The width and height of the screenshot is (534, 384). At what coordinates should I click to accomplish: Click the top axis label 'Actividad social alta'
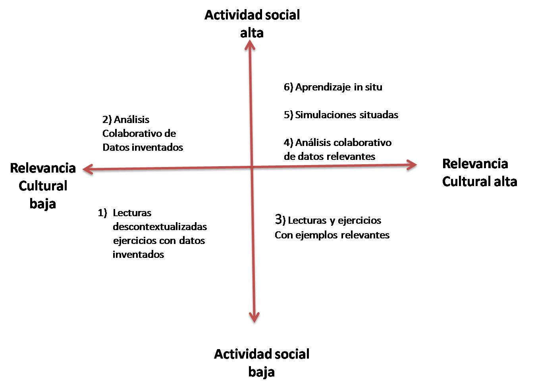(x=252, y=24)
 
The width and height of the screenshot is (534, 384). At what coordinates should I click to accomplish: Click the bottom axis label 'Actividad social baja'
(x=262, y=363)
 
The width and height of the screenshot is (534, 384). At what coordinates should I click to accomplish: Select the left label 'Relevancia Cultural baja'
(x=43, y=186)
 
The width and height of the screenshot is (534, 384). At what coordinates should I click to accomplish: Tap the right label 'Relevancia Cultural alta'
(x=479, y=173)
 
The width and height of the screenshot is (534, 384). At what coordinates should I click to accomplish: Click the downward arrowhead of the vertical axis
(x=254, y=317)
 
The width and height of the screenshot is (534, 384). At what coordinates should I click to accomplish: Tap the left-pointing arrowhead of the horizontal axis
(x=87, y=169)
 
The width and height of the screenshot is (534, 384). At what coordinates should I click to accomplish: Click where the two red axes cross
(x=252, y=167)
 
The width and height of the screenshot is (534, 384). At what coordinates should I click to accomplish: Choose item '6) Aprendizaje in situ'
(x=333, y=87)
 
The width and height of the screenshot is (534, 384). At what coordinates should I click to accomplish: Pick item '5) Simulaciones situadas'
(x=341, y=115)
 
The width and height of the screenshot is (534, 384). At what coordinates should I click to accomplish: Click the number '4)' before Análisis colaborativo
(x=288, y=142)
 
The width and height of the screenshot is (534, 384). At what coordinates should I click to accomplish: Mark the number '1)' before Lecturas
(x=102, y=213)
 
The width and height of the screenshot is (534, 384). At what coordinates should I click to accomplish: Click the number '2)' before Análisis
(x=107, y=119)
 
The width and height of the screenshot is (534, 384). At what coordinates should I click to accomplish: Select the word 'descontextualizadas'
(x=160, y=227)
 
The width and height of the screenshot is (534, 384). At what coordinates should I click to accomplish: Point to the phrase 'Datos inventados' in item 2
(x=143, y=147)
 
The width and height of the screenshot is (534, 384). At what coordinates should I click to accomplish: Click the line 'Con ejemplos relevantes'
(x=332, y=235)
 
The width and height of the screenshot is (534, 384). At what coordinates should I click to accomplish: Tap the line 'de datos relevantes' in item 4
(x=329, y=156)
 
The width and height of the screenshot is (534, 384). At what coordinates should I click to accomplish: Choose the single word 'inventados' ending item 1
(x=138, y=254)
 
